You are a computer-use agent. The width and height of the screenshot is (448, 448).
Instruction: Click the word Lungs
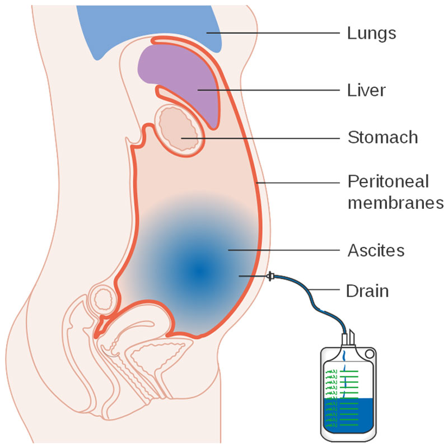point(371,34)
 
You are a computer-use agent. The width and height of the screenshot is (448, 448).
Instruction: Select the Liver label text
point(366,90)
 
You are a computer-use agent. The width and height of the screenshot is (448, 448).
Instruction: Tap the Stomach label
point(383,137)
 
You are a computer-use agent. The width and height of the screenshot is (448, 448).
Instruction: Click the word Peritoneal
point(388,181)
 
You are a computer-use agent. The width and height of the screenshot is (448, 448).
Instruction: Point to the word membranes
point(396,203)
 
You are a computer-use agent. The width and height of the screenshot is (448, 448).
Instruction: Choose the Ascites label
point(376,250)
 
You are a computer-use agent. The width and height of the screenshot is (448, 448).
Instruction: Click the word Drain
point(367,291)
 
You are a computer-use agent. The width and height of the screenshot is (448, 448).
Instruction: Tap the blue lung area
point(148,26)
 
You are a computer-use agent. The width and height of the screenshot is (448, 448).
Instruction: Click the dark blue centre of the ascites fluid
point(199,271)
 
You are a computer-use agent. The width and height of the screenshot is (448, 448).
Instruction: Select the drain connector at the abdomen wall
point(270,276)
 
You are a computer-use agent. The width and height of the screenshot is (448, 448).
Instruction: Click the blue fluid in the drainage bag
point(349,415)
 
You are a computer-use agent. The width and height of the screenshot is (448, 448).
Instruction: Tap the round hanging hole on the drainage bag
point(370,354)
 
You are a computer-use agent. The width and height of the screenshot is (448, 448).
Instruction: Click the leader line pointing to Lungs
point(273,33)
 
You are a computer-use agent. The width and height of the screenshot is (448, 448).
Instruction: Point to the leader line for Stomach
point(260,138)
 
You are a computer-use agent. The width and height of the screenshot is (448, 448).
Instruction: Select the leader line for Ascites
point(284,250)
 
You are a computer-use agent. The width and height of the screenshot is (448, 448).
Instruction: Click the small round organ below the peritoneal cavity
point(103,300)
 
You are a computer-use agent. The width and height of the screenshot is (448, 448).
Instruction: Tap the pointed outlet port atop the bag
point(352,337)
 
